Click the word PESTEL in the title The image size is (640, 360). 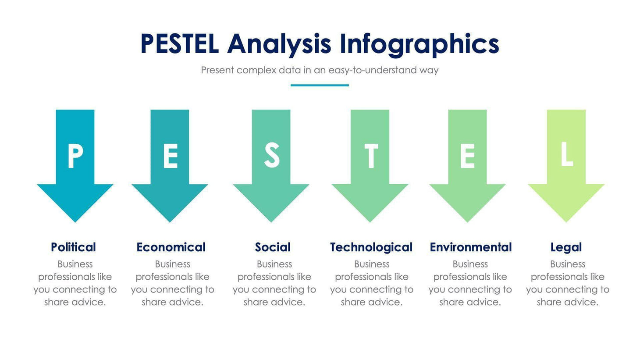(x=179, y=44)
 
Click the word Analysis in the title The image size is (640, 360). (x=279, y=44)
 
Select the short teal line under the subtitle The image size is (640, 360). (x=320, y=85)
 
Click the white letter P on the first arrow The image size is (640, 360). (x=75, y=156)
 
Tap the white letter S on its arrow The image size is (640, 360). (x=271, y=156)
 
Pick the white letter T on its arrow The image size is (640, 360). (x=371, y=156)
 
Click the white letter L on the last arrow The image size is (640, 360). (x=566, y=154)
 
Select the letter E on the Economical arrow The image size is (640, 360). (x=170, y=156)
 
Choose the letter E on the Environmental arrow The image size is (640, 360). (x=467, y=156)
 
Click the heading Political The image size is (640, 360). (x=73, y=247)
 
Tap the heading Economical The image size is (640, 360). (x=171, y=247)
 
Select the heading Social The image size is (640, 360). (x=273, y=247)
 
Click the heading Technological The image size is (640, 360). (x=371, y=247)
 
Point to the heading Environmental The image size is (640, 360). (x=470, y=247)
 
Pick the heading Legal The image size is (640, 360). (x=566, y=247)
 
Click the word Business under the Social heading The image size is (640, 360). (x=274, y=264)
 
